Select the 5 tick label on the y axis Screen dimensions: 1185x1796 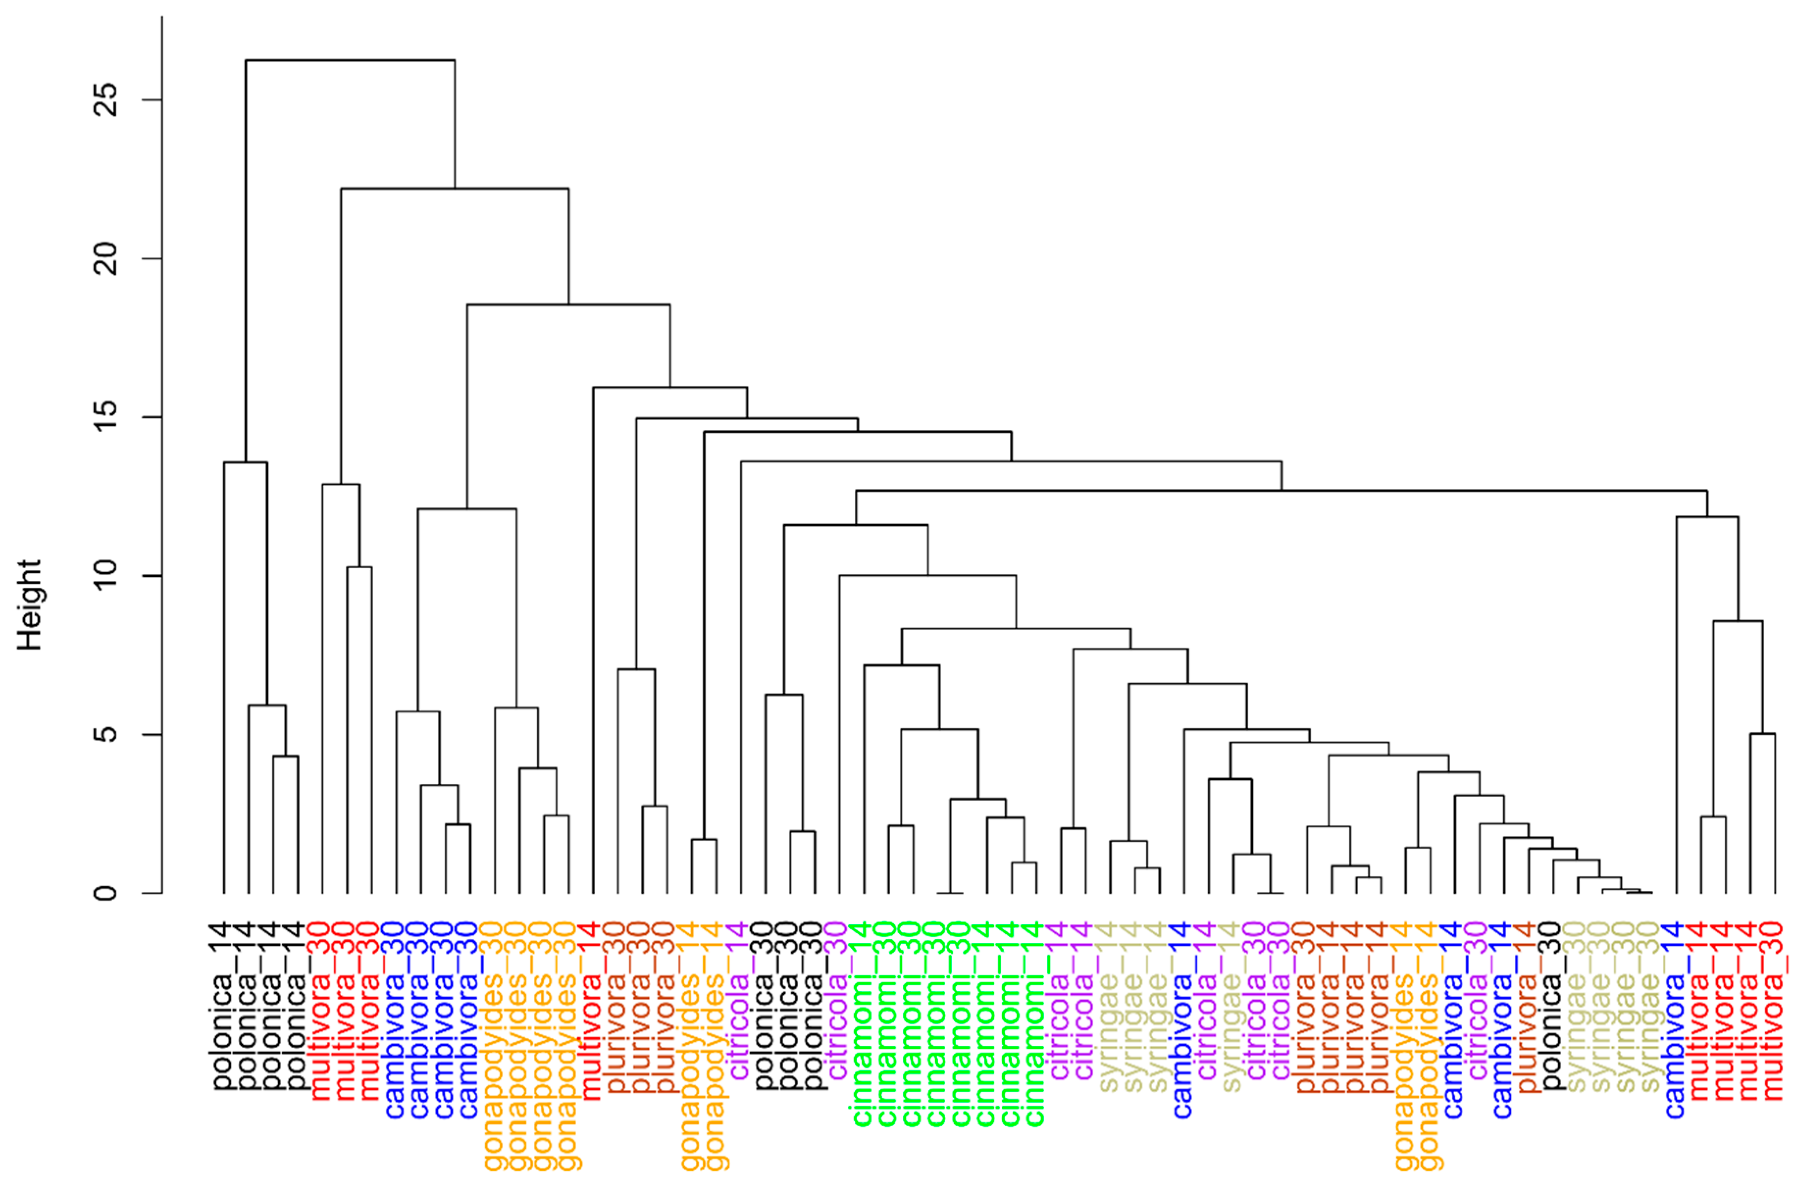pos(106,734)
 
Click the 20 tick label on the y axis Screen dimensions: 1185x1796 pos(106,258)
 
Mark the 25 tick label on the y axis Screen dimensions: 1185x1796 pos(106,99)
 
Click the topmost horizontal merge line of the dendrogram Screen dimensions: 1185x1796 pos(349,60)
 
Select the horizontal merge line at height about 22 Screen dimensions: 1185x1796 pos(454,188)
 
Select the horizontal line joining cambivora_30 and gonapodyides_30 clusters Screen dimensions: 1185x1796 pos(467,509)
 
